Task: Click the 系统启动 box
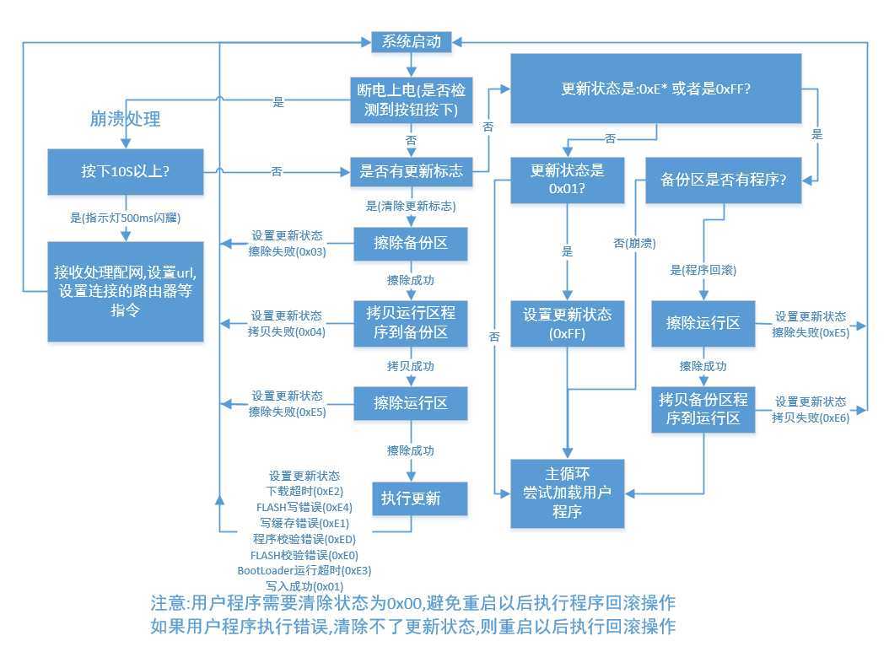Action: point(411,40)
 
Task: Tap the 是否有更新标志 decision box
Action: point(411,171)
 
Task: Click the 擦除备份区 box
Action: point(411,242)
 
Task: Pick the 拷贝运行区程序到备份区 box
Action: point(411,322)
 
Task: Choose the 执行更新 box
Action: point(411,498)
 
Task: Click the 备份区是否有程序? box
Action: point(723,180)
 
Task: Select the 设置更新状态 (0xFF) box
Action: point(568,323)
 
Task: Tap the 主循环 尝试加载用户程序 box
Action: point(568,493)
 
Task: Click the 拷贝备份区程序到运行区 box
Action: point(703,410)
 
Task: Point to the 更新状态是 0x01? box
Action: point(568,180)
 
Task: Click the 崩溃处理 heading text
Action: point(125,119)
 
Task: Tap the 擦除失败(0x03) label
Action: point(286,251)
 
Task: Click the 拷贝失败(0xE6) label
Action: point(811,418)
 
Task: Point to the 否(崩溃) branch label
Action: point(634,243)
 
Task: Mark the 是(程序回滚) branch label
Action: point(703,270)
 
